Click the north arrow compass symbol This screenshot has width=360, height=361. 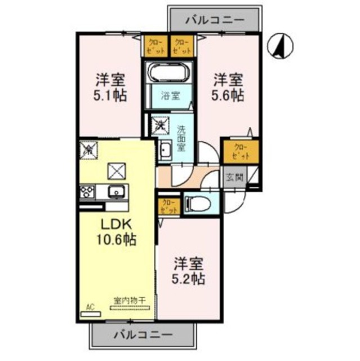[x=278, y=45]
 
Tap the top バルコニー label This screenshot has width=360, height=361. [x=215, y=20]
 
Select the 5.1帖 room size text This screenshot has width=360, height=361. [x=110, y=94]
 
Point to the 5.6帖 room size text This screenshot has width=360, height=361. [x=228, y=94]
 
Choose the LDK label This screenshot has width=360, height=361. [x=117, y=224]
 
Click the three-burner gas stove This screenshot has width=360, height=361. [x=88, y=192]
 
